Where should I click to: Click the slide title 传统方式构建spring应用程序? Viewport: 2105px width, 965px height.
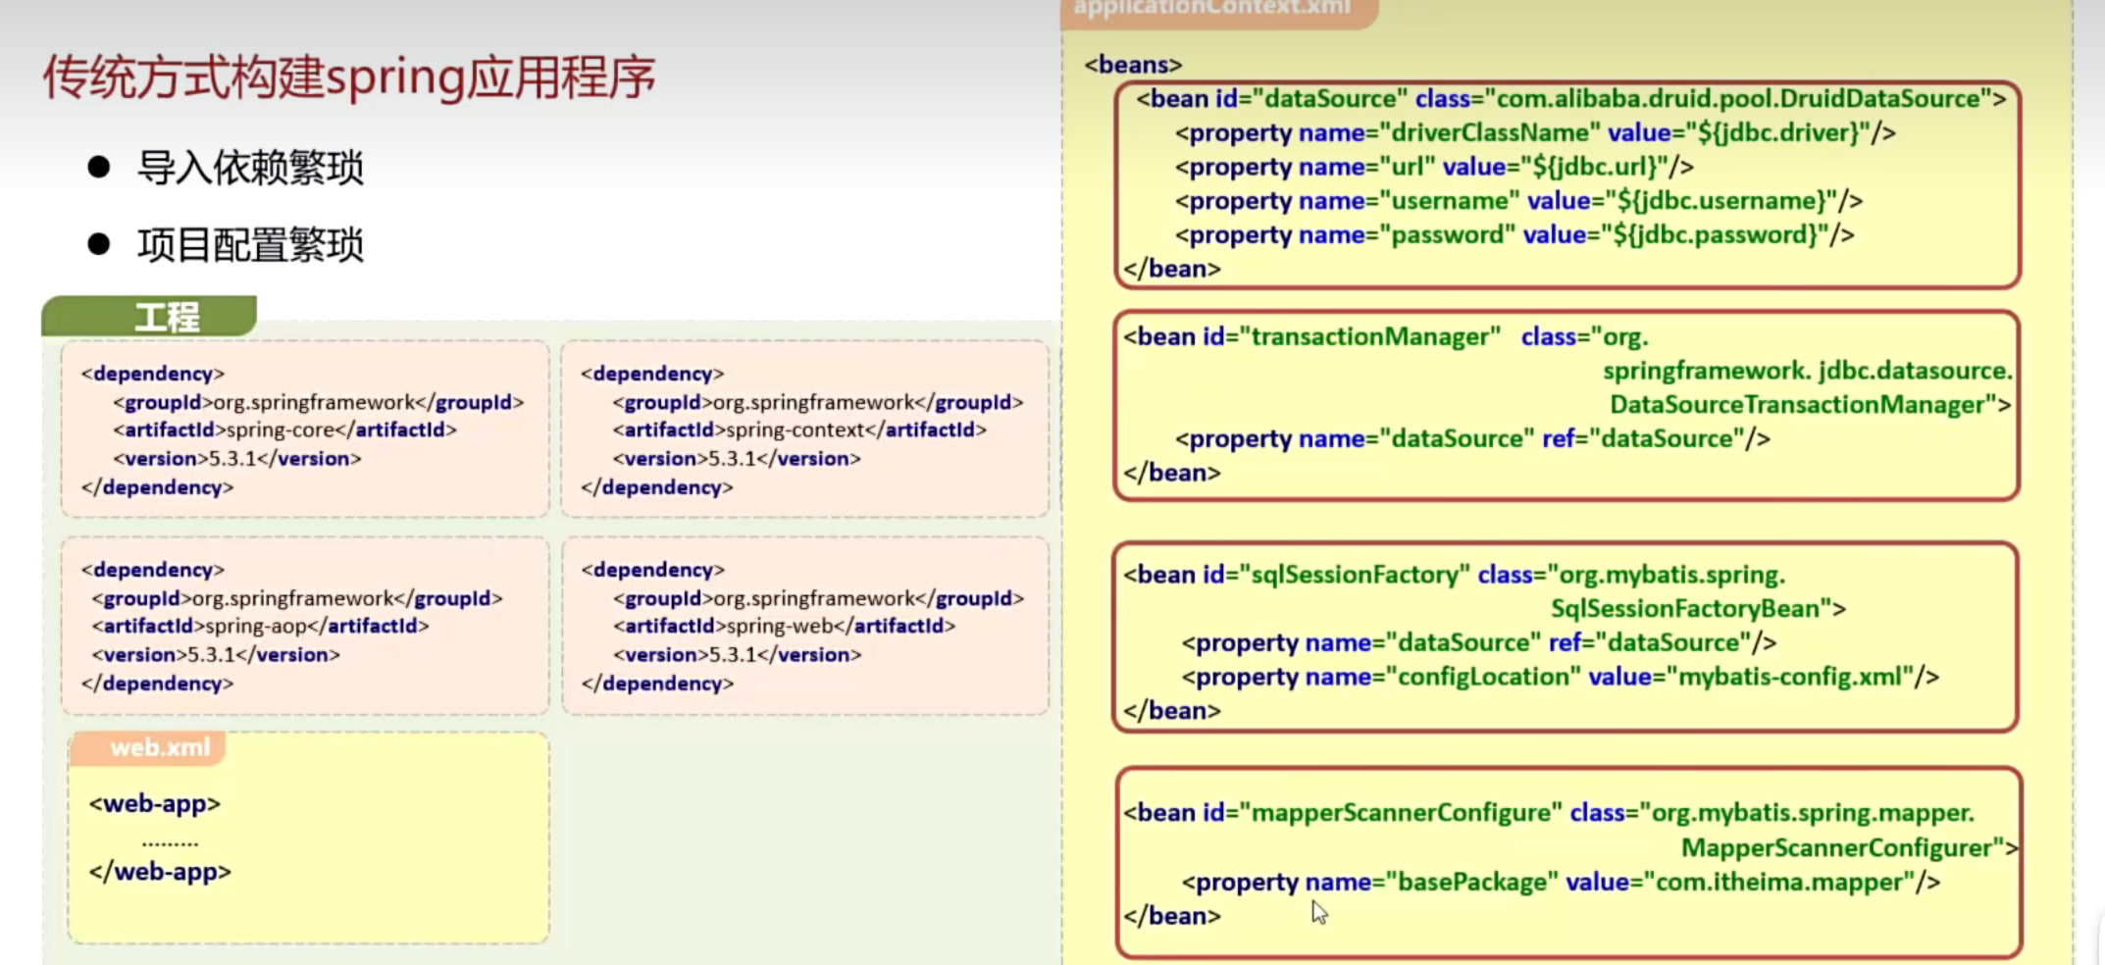348,77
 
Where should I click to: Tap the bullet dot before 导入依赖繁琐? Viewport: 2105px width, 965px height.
98,167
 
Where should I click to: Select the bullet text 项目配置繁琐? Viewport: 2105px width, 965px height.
250,245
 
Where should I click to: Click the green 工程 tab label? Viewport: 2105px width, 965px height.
167,317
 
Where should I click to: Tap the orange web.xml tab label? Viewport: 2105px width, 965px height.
160,747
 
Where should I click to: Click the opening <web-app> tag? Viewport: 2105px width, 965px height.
155,804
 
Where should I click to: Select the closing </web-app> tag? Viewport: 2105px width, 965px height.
160,872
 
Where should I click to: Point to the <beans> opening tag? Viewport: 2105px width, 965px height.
1133,65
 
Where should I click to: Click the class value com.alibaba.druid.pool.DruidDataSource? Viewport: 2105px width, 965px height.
1738,99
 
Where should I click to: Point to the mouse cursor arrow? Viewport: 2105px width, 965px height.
1318,912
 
